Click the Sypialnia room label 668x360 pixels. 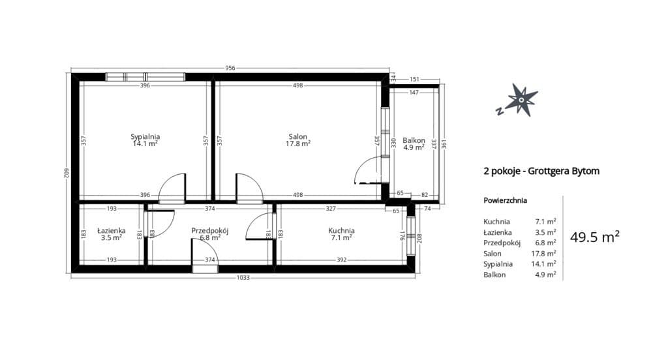tap(145, 137)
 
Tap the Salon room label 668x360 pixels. tap(297, 137)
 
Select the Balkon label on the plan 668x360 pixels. tap(414, 140)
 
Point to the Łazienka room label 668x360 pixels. tap(112, 230)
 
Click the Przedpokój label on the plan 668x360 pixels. tap(210, 231)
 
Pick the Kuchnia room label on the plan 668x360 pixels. tap(341, 230)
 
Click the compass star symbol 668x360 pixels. tap(521, 100)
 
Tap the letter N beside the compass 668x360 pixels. tap(499, 111)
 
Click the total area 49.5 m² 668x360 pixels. tap(595, 237)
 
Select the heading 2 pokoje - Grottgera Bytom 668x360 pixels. tap(541, 172)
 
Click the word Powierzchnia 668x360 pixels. tap(506, 200)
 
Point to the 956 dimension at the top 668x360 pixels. tap(230, 68)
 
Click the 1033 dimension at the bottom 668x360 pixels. tap(243, 278)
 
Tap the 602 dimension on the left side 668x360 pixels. tap(67, 173)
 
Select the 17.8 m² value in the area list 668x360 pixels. tap(543, 254)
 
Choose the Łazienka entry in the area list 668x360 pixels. tap(498, 232)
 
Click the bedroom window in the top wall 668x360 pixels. tap(145, 77)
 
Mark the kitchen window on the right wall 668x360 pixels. tap(411, 237)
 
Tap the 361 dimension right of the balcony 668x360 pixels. tap(444, 143)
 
